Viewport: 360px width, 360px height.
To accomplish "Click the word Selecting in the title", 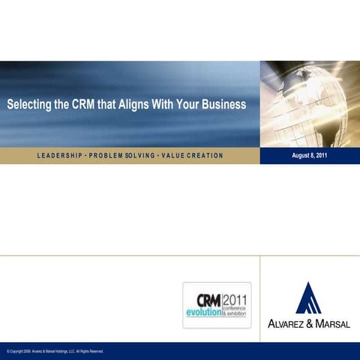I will coord(29,104).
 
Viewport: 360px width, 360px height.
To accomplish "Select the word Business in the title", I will coord(223,104).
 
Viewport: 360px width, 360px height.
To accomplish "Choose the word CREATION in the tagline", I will coord(202,155).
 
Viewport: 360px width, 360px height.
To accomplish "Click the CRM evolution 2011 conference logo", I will coord(217,304).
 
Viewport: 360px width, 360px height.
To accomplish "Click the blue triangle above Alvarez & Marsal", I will coord(308,298).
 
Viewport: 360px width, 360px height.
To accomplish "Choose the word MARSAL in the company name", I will coord(331,324).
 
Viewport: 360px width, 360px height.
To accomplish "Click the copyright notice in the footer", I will coord(54,351).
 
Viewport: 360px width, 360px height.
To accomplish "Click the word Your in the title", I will coord(187,104).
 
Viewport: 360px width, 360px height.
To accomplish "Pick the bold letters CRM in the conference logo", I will coord(208,298).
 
